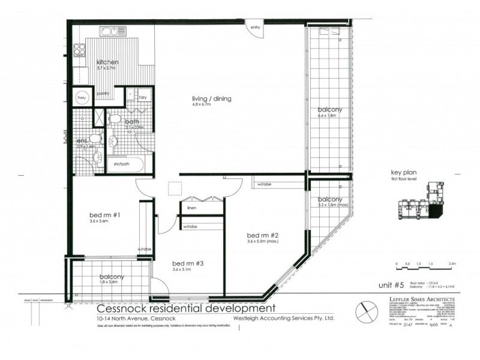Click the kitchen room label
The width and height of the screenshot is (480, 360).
coord(107,62)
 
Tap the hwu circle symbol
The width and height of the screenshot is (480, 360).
coord(81,97)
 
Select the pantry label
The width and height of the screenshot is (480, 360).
coord(103,93)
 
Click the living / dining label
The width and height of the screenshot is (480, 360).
coord(211,99)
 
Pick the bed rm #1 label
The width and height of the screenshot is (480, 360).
coord(98,214)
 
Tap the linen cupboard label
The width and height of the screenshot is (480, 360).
coord(191,208)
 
